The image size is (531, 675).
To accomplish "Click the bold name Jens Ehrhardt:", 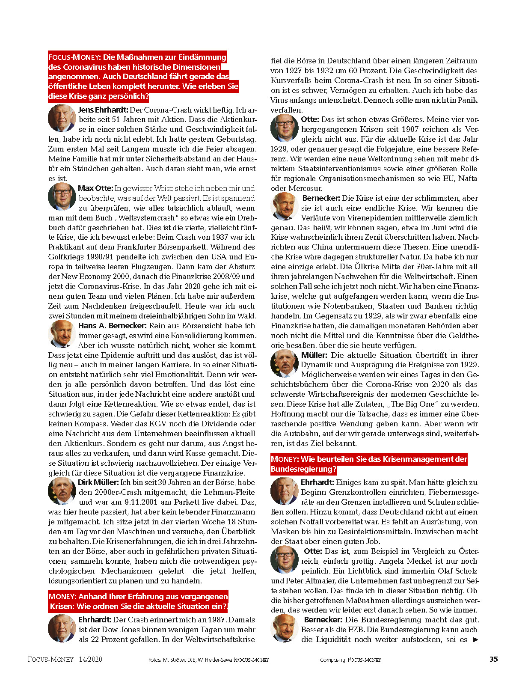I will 103,110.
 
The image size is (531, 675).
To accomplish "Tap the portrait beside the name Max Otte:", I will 62,196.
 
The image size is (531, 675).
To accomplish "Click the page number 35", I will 493,659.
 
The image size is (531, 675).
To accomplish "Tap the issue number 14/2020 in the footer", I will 90,660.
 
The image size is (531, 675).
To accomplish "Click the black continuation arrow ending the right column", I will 475,640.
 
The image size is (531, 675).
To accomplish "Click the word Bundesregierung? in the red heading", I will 303,469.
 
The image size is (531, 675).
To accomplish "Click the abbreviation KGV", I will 148,424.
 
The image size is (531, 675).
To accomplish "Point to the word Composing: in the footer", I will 332,660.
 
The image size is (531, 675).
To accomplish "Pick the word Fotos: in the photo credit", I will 155,660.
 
